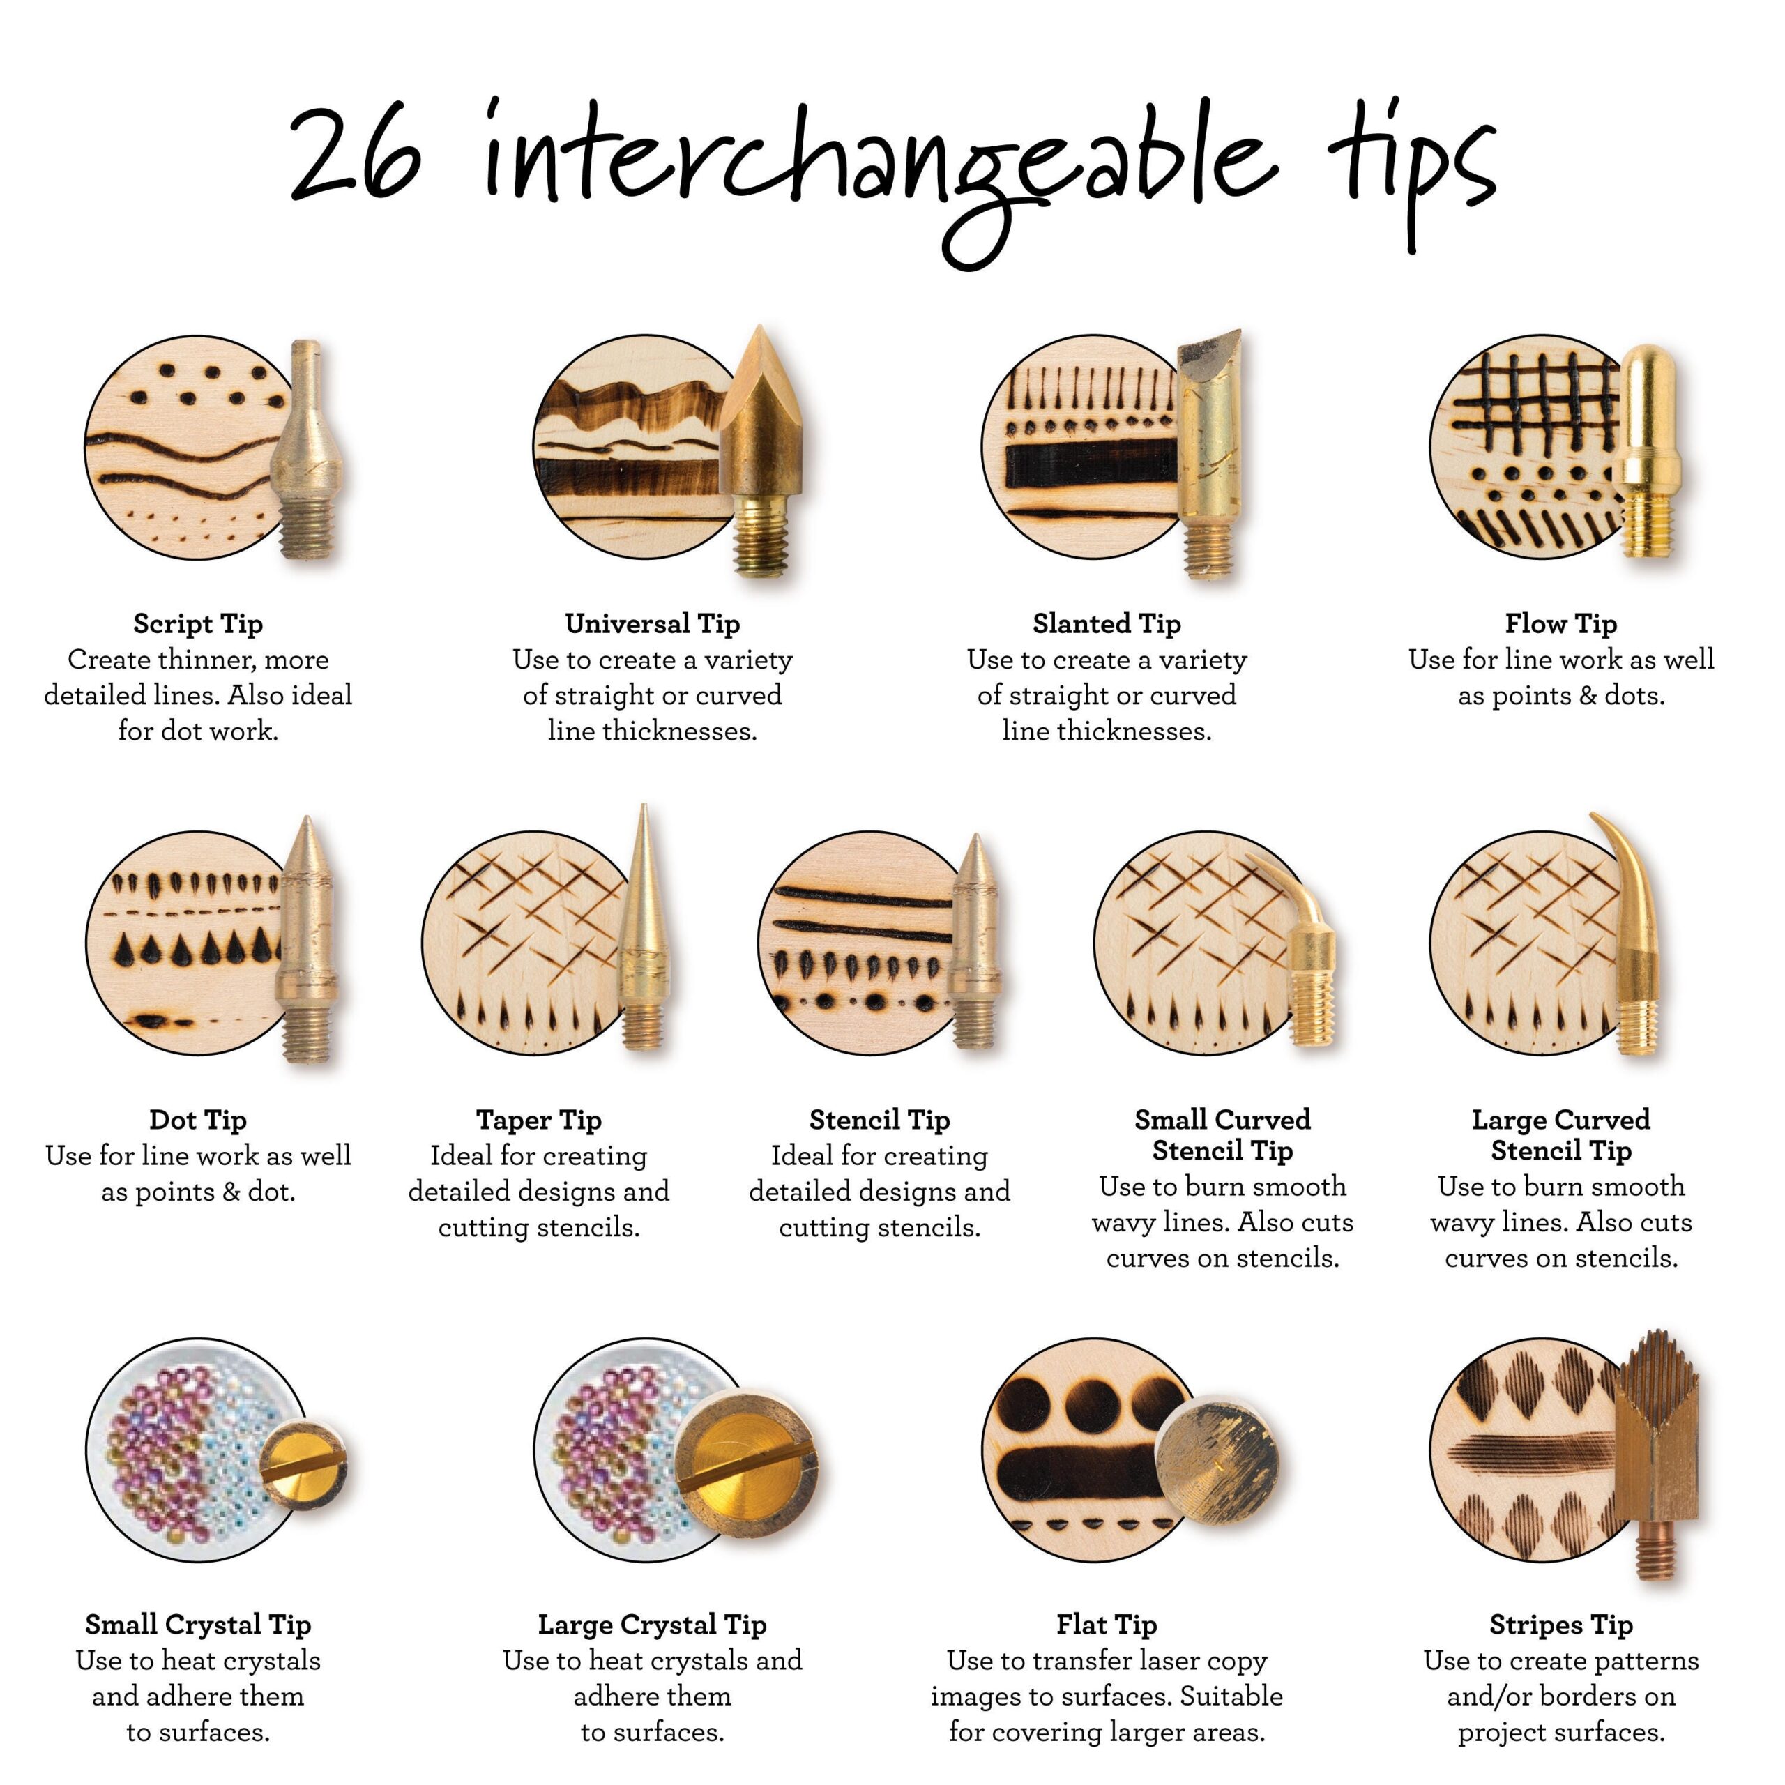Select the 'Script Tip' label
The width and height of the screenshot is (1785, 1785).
coord(198,623)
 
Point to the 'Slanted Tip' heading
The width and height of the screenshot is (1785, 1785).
coord(1107,623)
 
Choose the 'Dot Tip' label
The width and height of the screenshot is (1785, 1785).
coord(198,1120)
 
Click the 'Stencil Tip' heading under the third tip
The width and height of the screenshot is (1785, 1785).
coord(879,1120)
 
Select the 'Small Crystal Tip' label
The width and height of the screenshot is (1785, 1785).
coord(198,1624)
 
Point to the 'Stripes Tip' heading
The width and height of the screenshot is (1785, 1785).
coord(1561,1624)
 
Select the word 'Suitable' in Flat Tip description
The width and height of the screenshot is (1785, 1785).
coord(1231,1697)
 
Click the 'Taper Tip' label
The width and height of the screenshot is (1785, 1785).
coord(539,1120)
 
